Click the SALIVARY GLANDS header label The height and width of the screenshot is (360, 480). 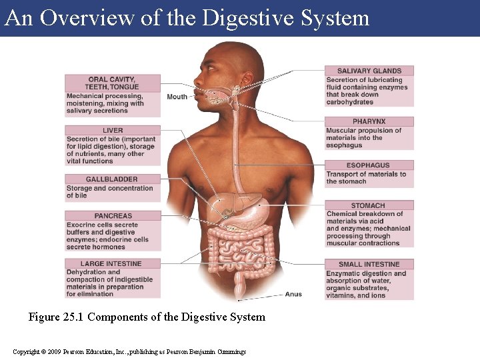[369, 71]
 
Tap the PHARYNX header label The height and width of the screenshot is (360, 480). [369, 121]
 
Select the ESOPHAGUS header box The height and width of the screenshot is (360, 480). [369, 165]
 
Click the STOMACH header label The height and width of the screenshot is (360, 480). [369, 205]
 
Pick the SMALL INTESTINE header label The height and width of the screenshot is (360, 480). [369, 264]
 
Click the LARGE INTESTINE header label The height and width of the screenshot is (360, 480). [111, 264]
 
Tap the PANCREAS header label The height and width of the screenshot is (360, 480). [113, 216]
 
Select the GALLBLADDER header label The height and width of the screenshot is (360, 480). [111, 179]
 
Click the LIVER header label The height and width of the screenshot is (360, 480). [113, 131]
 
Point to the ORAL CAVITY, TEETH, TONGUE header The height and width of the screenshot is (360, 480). [113, 83]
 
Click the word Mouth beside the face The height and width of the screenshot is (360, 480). [177, 97]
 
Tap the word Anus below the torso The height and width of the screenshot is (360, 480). [293, 294]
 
